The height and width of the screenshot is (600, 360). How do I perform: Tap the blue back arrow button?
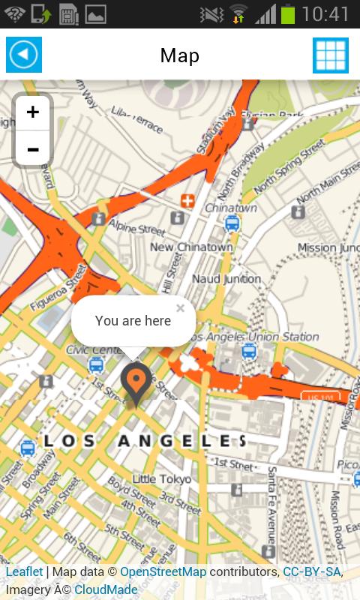point(24,55)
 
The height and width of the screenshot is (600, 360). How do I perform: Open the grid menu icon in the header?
point(331,55)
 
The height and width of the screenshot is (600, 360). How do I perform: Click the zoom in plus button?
point(33,112)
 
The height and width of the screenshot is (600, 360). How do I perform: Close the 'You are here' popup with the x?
point(180,307)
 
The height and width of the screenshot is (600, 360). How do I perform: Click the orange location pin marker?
point(136,382)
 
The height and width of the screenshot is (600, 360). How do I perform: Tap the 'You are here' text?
point(133,321)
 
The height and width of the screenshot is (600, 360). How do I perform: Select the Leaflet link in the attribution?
point(25,571)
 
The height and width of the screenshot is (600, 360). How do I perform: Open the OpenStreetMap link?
point(163,571)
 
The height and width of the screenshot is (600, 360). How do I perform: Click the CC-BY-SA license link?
point(311,571)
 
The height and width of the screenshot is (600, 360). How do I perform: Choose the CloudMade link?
point(106,589)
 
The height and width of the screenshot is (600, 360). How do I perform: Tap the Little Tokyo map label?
point(161,479)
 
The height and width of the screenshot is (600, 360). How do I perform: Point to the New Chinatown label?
point(191,247)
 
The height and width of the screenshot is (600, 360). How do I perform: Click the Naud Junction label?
point(226,279)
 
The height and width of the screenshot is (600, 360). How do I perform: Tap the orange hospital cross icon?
point(187,201)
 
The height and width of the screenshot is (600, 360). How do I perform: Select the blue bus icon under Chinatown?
point(232,223)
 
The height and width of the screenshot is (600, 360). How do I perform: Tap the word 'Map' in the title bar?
point(180,55)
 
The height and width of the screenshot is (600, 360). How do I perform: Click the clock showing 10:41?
point(326,13)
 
